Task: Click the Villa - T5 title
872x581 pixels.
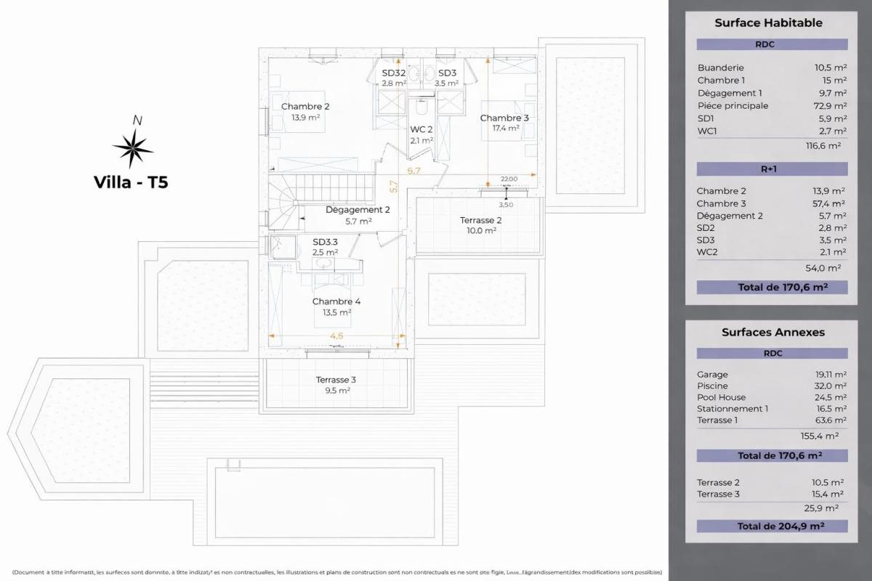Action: (131, 182)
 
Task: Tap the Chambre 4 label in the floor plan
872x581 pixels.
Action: (336, 301)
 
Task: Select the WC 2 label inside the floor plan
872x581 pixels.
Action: (421, 129)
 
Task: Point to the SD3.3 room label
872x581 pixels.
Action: (325, 242)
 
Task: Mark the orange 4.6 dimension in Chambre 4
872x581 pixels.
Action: (336, 336)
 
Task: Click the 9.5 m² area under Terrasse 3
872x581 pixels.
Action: (336, 390)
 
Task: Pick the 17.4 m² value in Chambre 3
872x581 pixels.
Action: (506, 129)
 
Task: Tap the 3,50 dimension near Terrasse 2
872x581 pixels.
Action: (506, 205)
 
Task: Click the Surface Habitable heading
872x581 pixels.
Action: (768, 23)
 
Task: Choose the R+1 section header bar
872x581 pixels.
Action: (772, 169)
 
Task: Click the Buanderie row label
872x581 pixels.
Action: (720, 68)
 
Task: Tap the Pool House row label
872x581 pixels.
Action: (721, 397)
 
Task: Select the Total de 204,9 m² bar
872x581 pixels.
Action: (772, 527)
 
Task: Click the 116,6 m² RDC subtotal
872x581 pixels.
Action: (823, 145)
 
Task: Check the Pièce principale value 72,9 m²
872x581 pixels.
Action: (830, 106)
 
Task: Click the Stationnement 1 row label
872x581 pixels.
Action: (732, 409)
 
